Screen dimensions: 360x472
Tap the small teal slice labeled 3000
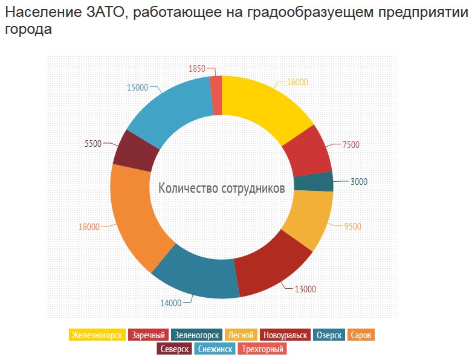tap(313, 182)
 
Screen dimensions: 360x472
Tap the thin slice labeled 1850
tap(216, 95)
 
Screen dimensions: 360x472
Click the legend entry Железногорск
tap(97, 335)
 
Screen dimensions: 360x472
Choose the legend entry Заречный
tap(148, 335)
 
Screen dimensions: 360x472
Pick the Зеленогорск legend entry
tap(196, 335)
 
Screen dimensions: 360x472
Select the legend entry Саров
tap(362, 335)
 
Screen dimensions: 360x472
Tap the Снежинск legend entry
tap(215, 349)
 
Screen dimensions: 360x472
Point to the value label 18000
tap(89, 227)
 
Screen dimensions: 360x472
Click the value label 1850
tap(197, 69)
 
